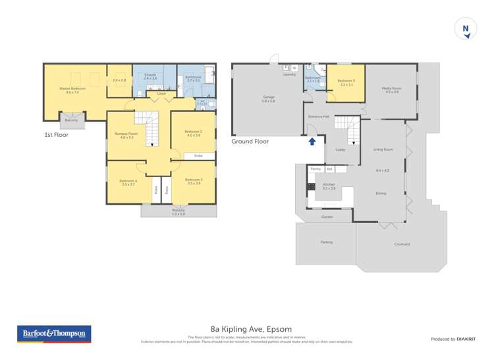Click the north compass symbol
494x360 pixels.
pos(466,29)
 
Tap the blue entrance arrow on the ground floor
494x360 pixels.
pos(312,140)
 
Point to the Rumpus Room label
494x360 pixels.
pos(123,135)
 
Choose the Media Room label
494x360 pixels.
pos(392,89)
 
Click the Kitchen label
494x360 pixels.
pos(329,186)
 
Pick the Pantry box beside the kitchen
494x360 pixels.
pos(316,169)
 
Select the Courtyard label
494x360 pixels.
pos(402,244)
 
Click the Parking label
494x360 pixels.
pos(327,242)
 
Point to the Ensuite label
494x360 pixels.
pos(150,76)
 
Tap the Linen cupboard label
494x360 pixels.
pos(161,93)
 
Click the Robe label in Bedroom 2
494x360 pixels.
pos(198,156)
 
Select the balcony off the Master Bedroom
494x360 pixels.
pos(71,120)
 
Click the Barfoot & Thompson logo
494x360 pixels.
pos(54,334)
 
